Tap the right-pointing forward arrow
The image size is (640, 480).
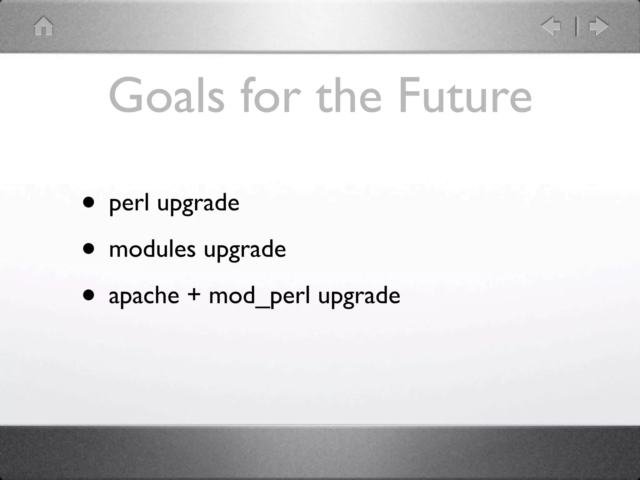598,26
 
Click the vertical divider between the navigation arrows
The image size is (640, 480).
576,26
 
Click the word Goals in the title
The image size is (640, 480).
166,95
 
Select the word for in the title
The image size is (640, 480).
271,95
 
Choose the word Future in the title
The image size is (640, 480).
465,95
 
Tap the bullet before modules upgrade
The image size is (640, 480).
89,249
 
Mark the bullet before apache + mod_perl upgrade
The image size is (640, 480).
89,295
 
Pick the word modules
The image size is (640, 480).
152,249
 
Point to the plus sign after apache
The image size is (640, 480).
194,295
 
